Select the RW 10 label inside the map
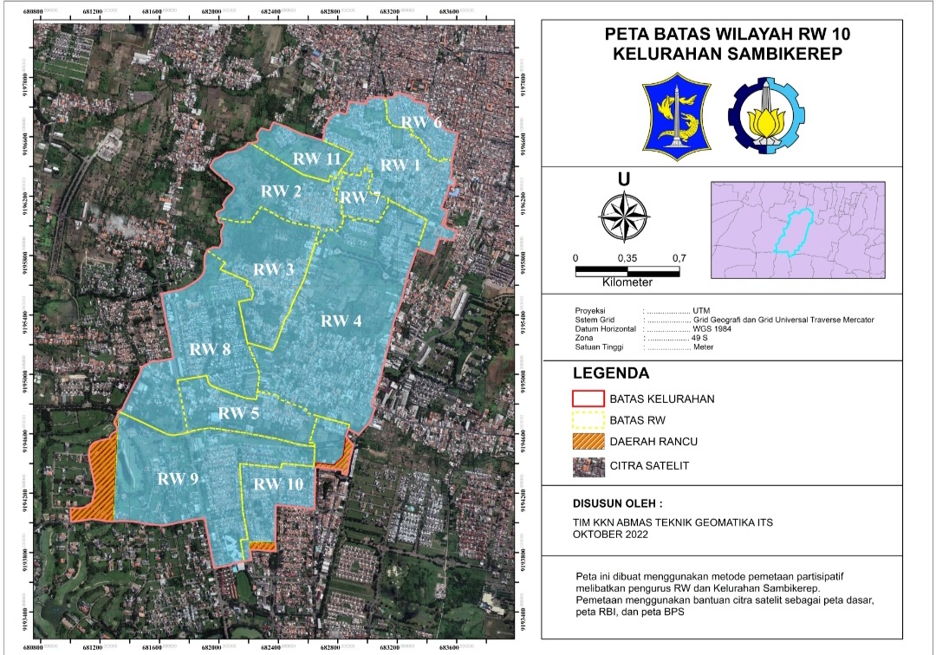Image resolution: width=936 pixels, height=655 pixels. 278,484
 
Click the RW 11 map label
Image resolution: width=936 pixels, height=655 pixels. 315,159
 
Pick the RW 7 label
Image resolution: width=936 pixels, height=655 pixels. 359,197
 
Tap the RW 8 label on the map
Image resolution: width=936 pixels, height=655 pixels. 210,350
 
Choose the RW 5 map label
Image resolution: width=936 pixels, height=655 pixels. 238,413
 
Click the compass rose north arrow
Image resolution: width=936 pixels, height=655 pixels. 623,216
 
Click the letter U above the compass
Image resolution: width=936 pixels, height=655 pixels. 623,179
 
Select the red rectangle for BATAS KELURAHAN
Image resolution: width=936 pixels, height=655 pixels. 587,399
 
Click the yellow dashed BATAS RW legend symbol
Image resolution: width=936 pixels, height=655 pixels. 587,421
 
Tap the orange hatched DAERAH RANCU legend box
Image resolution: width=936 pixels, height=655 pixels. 587,443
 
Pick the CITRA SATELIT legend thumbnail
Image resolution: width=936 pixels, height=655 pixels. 587,465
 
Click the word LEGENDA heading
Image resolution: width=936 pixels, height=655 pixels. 610,374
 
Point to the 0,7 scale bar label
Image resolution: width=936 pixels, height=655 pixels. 679,258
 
